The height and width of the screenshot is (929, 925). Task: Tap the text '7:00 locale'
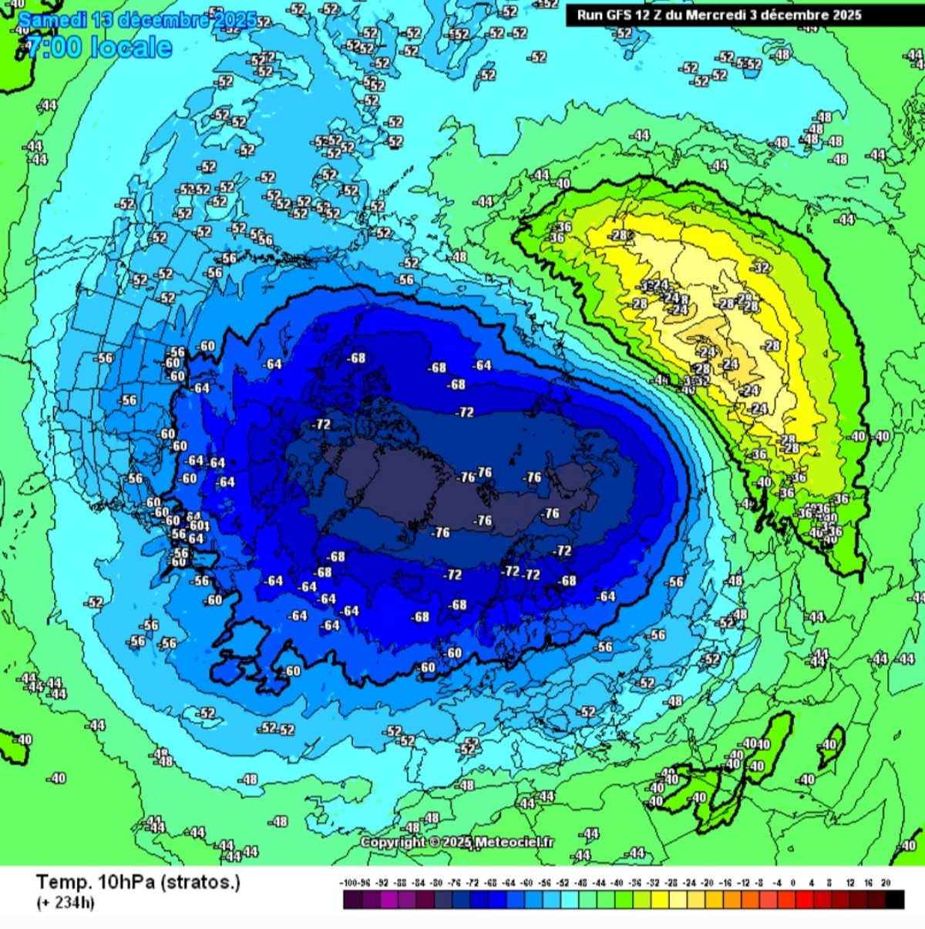[x=98, y=48]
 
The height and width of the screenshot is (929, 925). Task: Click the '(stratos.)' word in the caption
[x=200, y=883]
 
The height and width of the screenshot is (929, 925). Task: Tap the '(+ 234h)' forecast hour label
[x=66, y=903]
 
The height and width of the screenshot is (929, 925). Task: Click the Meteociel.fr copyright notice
[x=458, y=842]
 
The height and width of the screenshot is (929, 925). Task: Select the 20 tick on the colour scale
[x=886, y=883]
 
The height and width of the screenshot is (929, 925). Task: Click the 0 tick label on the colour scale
[x=793, y=883]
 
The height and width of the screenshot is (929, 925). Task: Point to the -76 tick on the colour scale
[x=455, y=883]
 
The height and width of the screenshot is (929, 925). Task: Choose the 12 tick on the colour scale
[x=850, y=883]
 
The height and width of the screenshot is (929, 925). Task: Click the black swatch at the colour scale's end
[x=895, y=900]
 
